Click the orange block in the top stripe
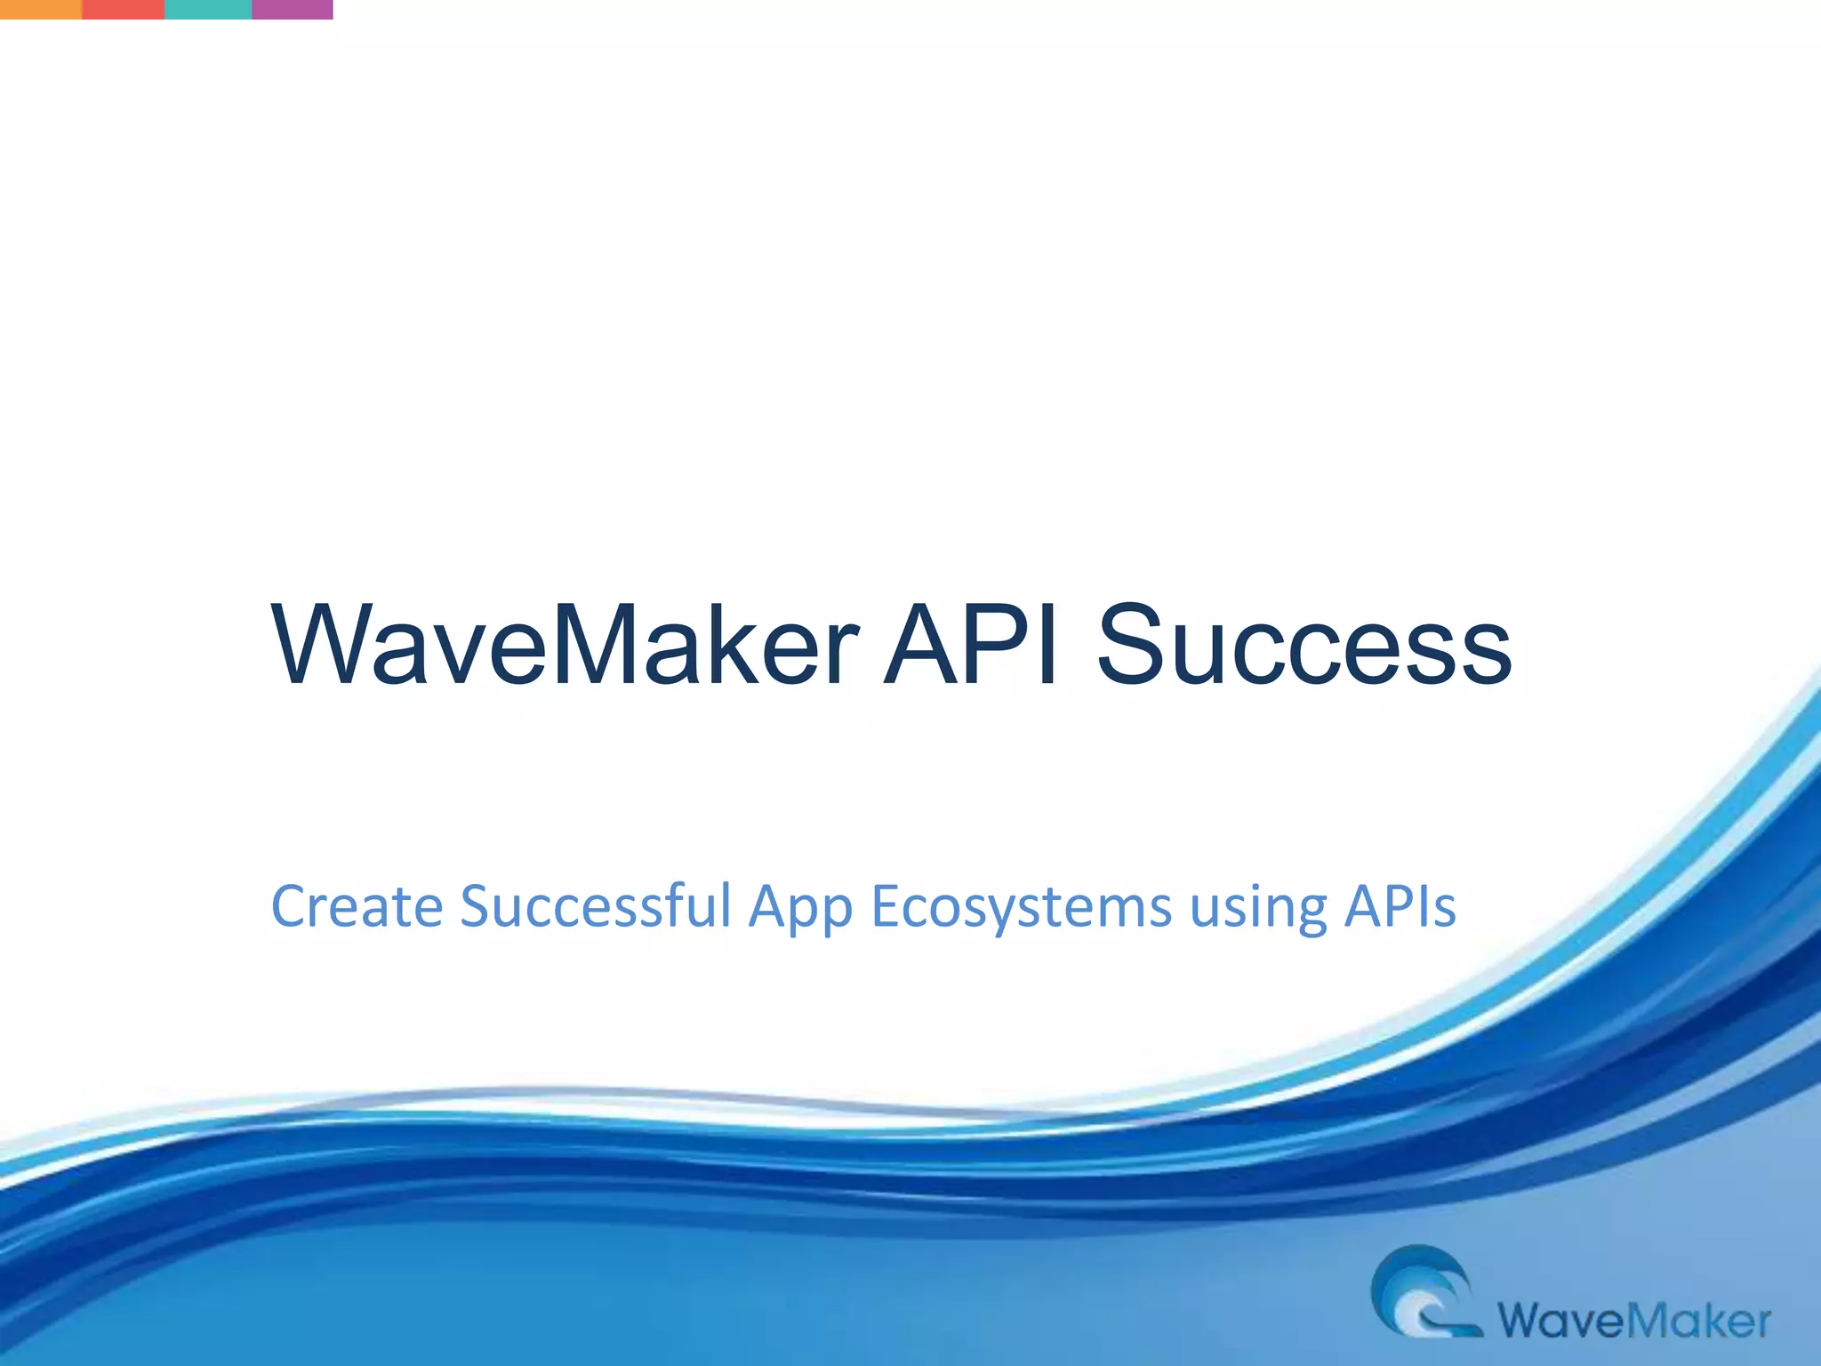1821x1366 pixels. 41,9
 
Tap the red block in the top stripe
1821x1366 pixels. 123,9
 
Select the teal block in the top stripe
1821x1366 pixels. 208,9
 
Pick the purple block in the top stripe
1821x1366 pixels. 292,9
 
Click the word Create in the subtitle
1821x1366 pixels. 357,907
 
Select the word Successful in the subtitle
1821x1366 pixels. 595,907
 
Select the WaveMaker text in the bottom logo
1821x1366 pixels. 1634,1321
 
